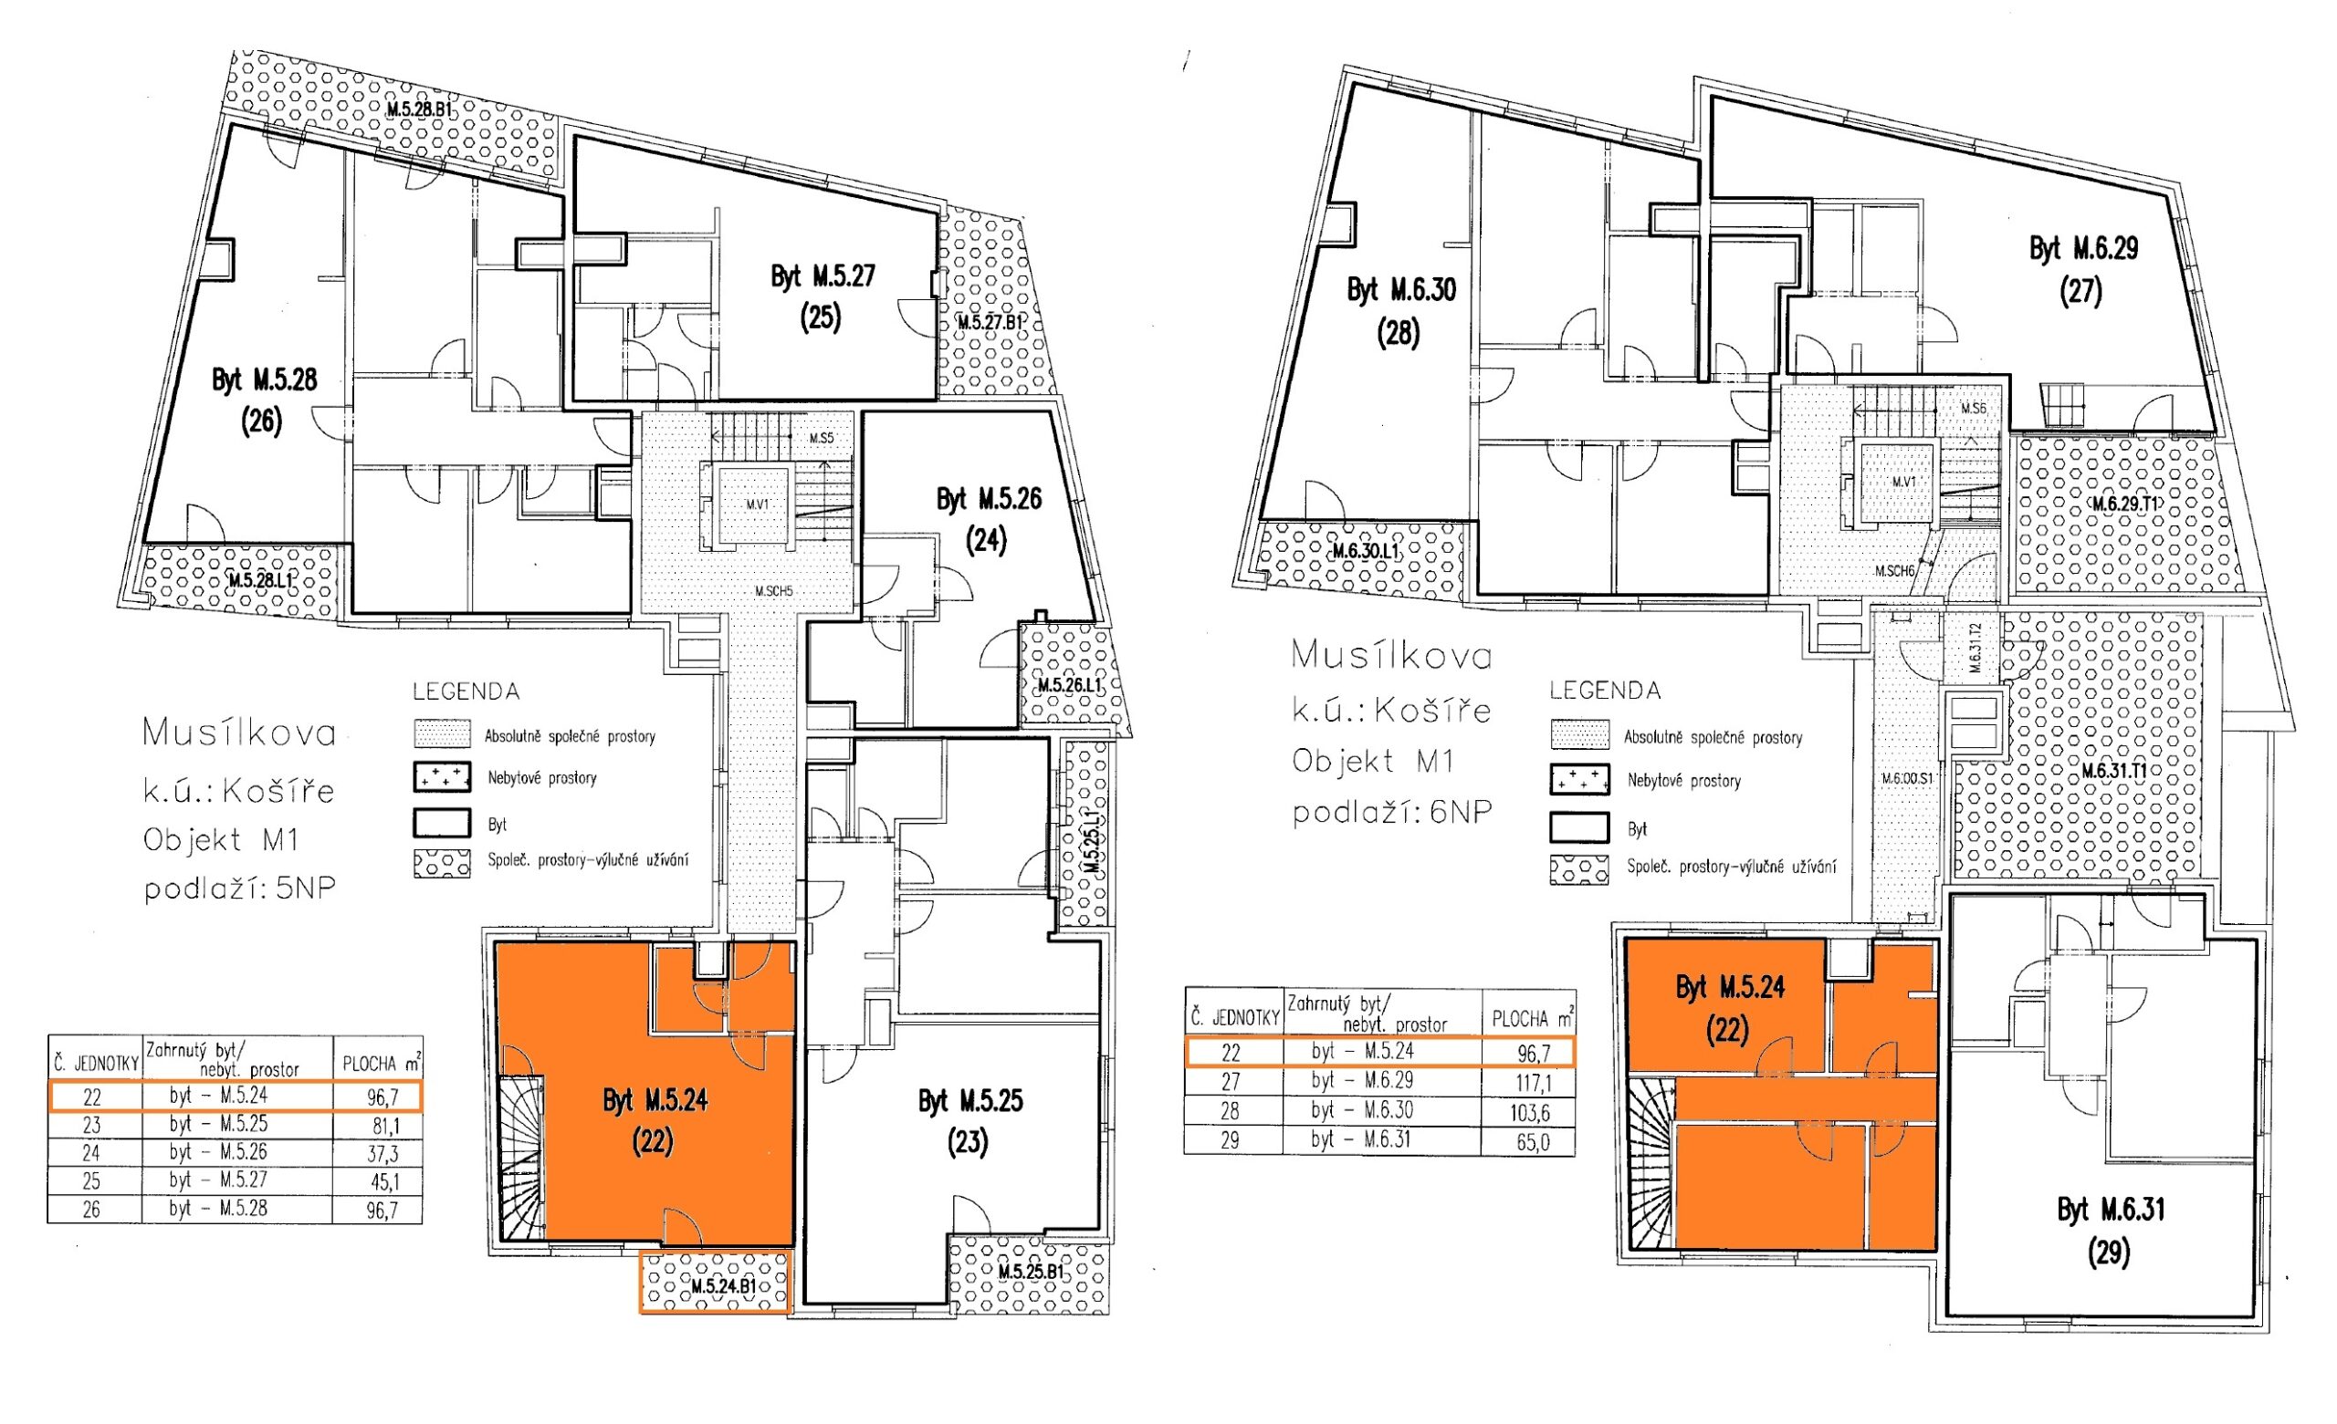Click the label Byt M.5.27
coord(823,276)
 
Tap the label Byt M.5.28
coord(264,381)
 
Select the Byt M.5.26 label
coord(989,500)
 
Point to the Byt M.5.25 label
coord(970,1102)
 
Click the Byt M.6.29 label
coord(2084,248)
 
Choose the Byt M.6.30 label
coord(1401,290)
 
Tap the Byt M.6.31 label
coord(2111,1211)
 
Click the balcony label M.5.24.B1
coord(724,1286)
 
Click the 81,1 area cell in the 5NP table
coord(383,1127)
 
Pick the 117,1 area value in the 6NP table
coord(1533,1082)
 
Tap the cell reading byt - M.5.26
coord(218,1153)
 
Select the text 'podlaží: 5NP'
coord(240,889)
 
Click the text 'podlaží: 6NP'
coord(1391,813)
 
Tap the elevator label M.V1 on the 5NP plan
coord(757,504)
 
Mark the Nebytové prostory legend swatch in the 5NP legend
coord(442,777)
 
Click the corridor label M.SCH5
coord(773,592)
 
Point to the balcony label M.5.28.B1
coord(417,110)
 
